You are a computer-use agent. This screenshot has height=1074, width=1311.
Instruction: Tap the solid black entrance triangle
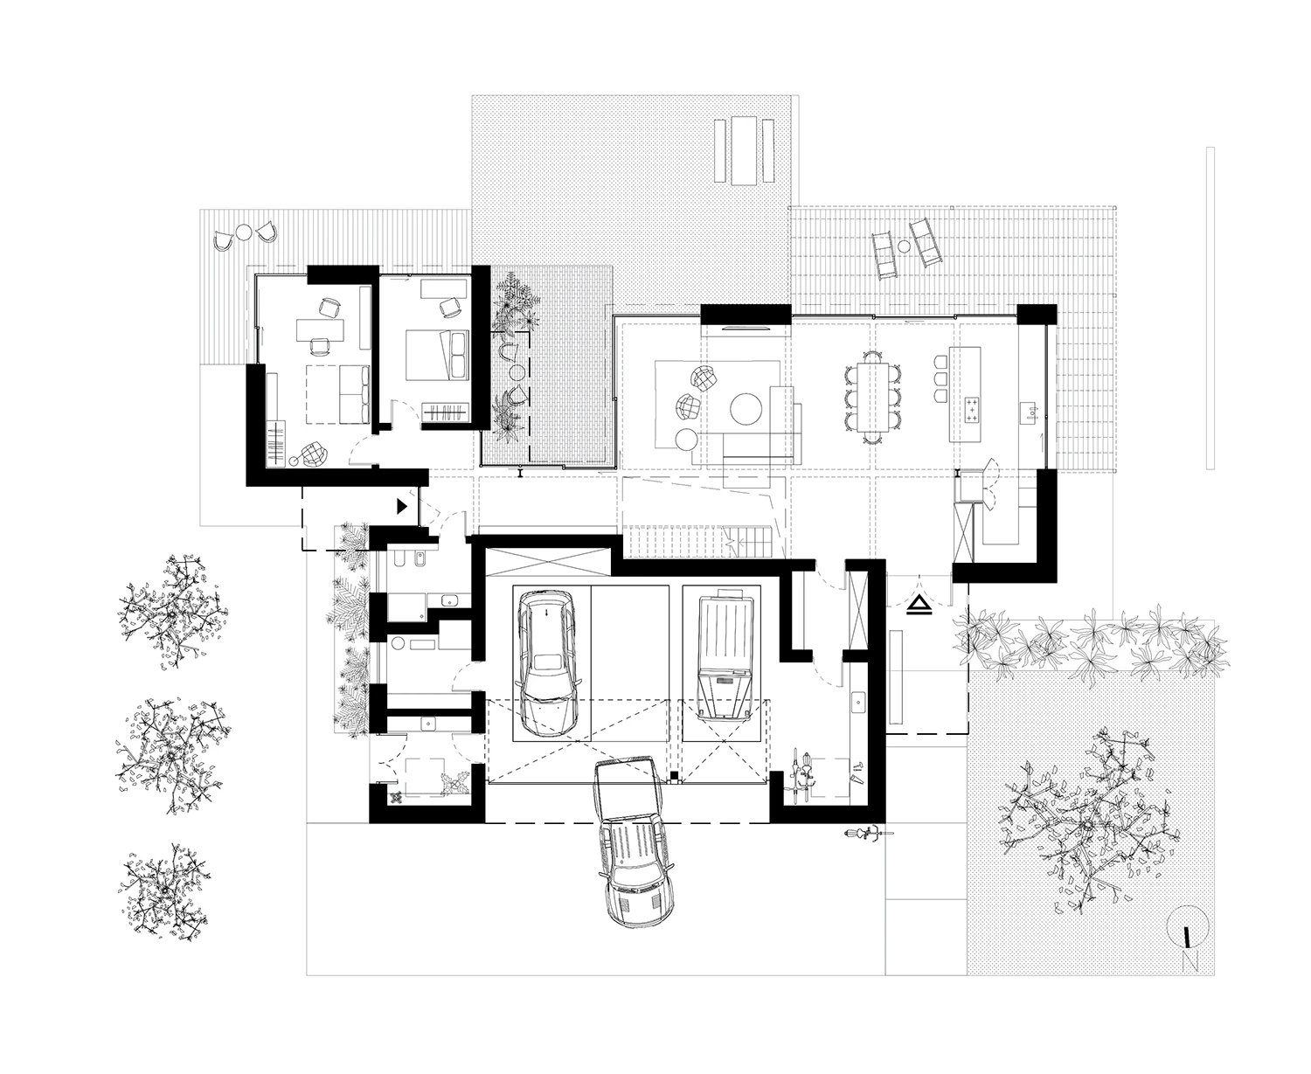401,506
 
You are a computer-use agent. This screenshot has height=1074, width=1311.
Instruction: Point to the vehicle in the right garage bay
725,655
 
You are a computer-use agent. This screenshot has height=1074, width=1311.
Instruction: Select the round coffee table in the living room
746,408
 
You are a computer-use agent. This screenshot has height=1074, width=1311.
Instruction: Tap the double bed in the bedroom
437,355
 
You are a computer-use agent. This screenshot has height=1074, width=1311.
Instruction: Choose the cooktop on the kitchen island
971,411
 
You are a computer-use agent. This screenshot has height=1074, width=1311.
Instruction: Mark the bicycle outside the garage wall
869,834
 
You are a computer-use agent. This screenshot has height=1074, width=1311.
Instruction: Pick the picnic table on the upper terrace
744,150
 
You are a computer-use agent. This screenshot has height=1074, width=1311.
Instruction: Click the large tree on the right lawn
1088,823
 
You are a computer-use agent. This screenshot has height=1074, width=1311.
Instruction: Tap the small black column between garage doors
673,776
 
